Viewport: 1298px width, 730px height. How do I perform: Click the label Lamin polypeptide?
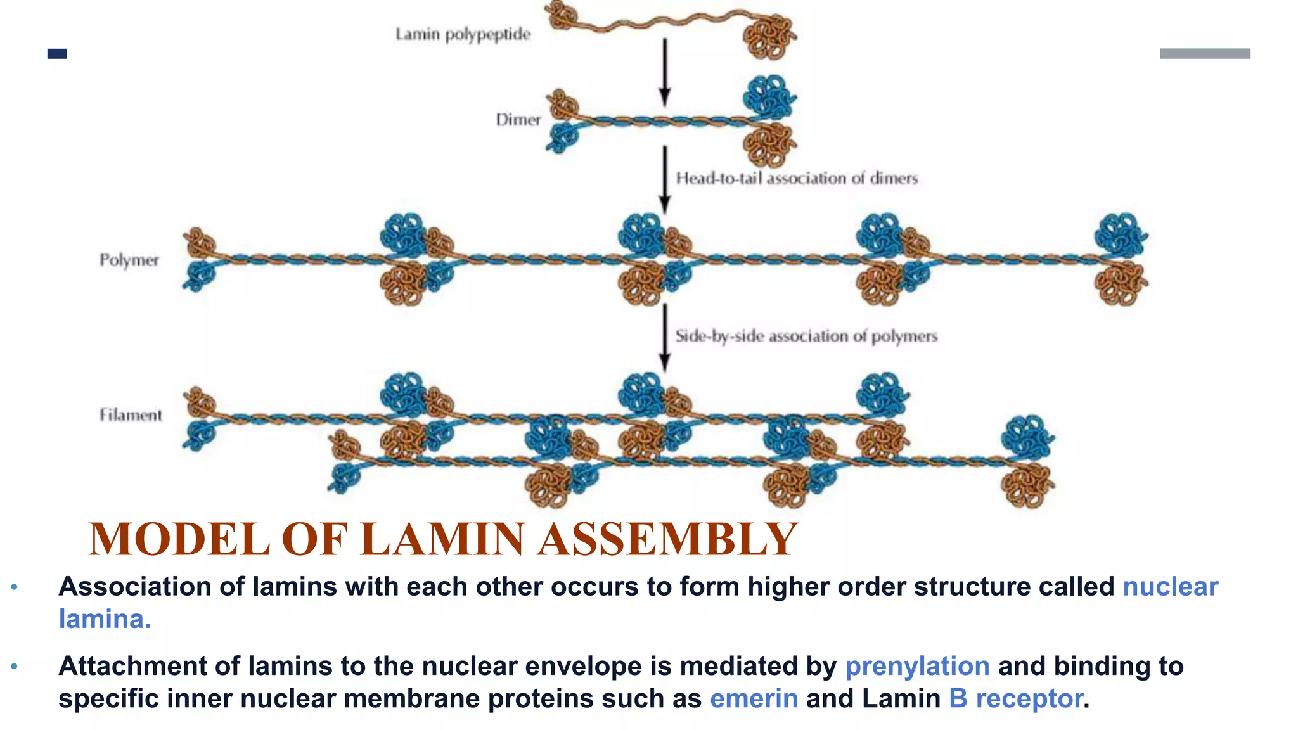point(463,34)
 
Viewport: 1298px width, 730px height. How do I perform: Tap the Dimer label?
point(518,120)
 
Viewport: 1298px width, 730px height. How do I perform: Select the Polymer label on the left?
point(129,260)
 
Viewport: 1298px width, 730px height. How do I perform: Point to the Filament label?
point(131,415)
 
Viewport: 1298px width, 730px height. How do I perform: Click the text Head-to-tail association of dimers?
point(796,179)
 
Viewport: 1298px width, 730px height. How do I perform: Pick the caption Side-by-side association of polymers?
point(806,336)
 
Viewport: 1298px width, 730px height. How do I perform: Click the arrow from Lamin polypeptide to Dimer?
point(665,73)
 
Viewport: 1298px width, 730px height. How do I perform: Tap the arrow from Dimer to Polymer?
point(665,181)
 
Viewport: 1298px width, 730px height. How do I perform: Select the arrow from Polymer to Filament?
point(665,338)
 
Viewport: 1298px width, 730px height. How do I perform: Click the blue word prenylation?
point(917,666)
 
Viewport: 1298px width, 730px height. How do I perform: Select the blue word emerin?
point(754,698)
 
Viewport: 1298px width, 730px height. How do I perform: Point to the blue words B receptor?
point(1015,698)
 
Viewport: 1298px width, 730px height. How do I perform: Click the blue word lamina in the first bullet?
point(104,619)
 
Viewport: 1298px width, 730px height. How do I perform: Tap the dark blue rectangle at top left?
point(57,54)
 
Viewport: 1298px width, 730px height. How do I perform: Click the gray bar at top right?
point(1205,54)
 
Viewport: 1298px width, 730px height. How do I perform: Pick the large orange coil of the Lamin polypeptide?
point(768,37)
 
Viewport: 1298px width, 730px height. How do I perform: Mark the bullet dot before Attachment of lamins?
point(15,667)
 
